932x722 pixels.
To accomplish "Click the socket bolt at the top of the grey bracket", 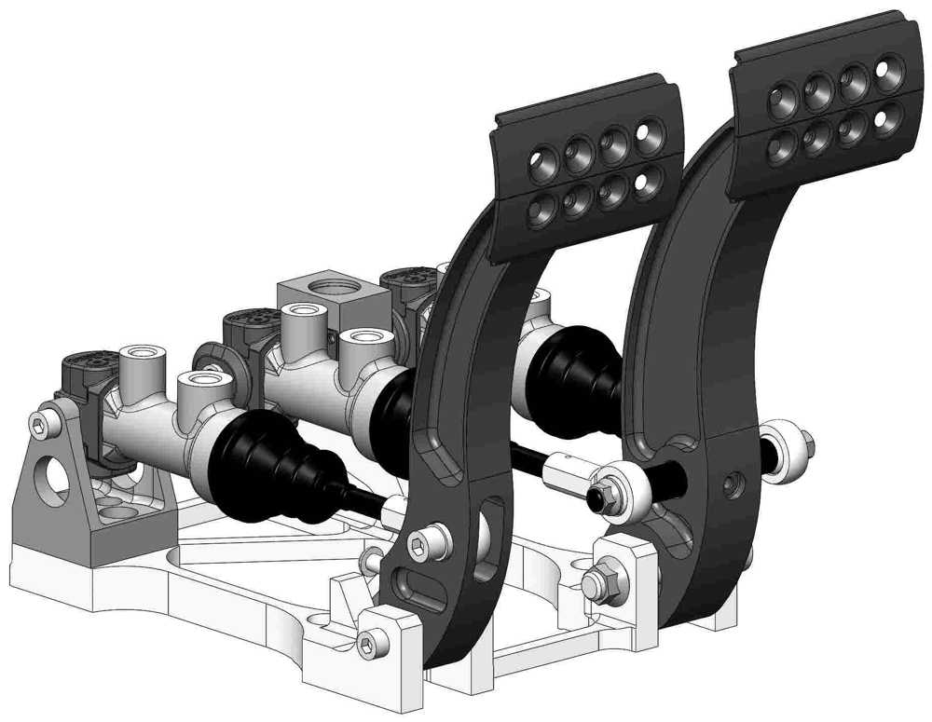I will click(x=39, y=427).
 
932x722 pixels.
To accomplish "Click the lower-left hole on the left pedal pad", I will click(x=541, y=211).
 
